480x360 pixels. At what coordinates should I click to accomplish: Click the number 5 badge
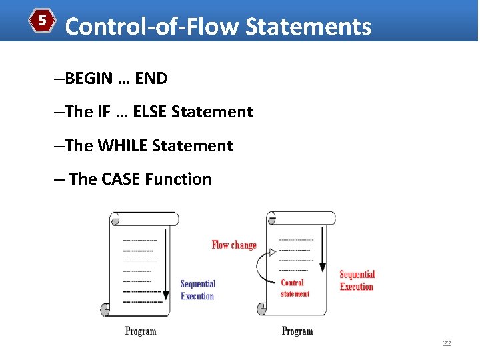(x=42, y=21)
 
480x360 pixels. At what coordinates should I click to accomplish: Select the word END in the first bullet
(x=151, y=79)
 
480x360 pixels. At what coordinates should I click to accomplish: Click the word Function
(x=178, y=179)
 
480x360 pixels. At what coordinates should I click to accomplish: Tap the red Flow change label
(x=234, y=245)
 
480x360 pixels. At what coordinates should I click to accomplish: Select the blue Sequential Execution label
(x=198, y=290)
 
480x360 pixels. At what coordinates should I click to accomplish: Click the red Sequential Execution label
(x=357, y=280)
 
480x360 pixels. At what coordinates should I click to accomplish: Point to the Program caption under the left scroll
(x=141, y=331)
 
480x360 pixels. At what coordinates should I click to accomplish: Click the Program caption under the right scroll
(x=297, y=331)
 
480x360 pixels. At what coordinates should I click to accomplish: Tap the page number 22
(x=447, y=343)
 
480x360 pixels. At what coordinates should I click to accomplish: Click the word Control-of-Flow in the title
(x=152, y=27)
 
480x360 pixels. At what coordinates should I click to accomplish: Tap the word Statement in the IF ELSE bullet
(x=212, y=112)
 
